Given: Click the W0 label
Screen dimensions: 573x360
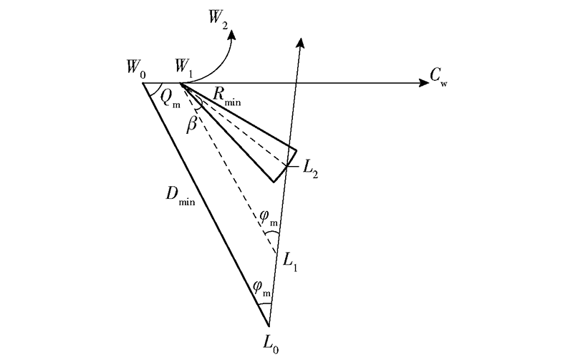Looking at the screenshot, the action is [136, 69].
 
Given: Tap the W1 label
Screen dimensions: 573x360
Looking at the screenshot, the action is [184, 68].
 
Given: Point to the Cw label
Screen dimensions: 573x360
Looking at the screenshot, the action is [438, 77].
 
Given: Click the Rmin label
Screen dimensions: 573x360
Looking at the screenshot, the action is [226, 97].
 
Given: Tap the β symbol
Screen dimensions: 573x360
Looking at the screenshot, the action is [192, 125].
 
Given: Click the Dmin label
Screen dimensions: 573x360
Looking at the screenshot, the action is [180, 195].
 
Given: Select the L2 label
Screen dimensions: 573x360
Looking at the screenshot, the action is [310, 169].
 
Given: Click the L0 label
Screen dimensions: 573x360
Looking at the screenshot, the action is [271, 345].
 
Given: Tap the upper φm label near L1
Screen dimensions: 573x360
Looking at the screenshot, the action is [268, 218].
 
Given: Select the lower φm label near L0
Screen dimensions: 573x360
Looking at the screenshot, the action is [261, 288].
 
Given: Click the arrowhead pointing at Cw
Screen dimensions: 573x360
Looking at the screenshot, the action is [424, 83].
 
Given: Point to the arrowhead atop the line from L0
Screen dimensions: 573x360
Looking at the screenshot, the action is [300, 42].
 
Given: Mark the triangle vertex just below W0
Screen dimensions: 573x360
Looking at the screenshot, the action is [143, 83].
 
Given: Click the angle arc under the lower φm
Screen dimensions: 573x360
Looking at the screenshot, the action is [265, 304].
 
